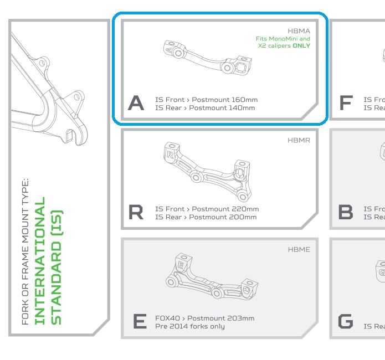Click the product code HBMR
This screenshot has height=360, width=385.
(299, 141)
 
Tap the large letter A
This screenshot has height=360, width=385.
(136, 103)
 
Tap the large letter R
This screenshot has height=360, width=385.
(136, 212)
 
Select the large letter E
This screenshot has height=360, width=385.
(136, 321)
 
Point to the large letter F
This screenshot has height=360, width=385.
(345, 103)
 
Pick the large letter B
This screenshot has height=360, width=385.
(345, 212)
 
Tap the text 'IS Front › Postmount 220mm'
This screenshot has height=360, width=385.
(207, 209)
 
